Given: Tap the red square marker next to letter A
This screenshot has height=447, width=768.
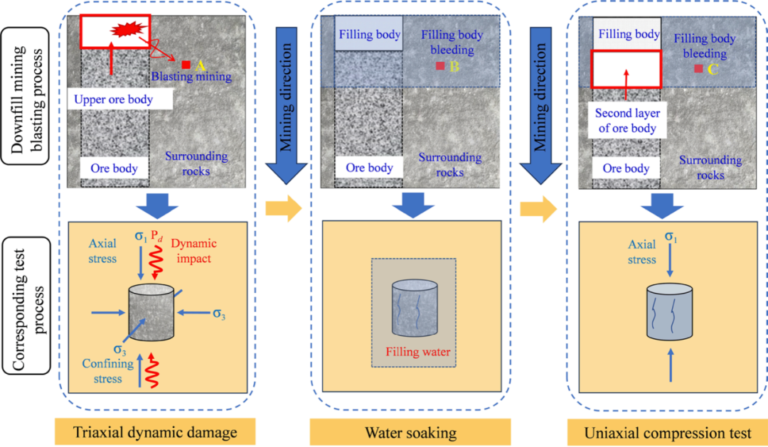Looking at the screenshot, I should click(186, 65).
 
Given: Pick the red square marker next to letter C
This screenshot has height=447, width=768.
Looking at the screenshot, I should click(698, 68).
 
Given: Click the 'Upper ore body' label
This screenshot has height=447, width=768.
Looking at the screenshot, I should click(113, 99).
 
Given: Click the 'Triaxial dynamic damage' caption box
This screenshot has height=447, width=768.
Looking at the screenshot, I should click(155, 431).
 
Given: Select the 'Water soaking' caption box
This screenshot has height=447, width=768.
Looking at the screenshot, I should click(410, 431).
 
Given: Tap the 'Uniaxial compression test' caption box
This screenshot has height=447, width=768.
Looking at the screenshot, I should click(667, 431).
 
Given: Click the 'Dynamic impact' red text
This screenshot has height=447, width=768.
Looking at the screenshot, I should click(194, 251).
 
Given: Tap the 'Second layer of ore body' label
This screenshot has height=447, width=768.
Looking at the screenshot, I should click(627, 121).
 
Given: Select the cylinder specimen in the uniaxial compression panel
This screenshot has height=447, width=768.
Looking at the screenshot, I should click(670, 313).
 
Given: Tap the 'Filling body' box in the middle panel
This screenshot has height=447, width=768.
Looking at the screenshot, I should click(369, 34).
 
